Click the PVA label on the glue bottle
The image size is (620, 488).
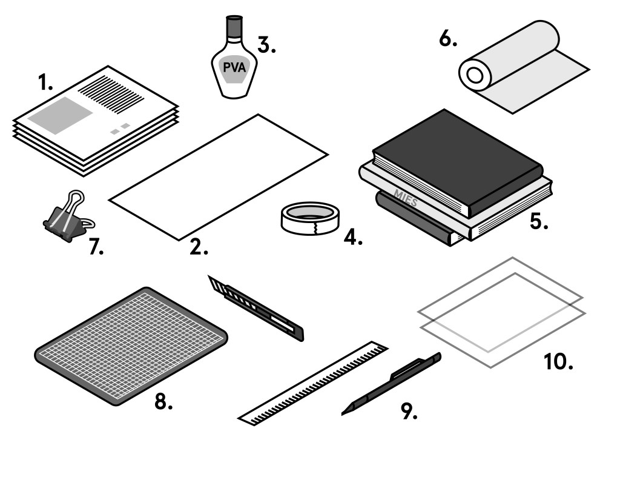click(234, 67)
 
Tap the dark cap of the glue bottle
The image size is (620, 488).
click(234, 26)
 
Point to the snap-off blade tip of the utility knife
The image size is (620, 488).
click(214, 283)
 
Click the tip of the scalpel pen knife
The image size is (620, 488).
click(346, 412)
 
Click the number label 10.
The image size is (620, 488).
click(558, 361)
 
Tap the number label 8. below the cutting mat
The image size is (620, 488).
click(163, 401)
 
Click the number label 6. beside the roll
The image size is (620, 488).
click(448, 39)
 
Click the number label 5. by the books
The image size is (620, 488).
click(538, 221)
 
